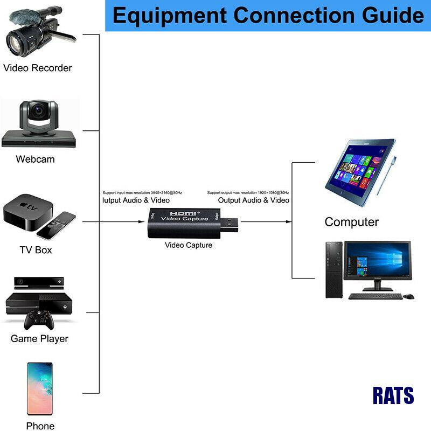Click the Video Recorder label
pos(37,68)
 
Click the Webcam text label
pos(35,159)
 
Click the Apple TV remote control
pos(56,226)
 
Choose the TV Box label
pos(36,250)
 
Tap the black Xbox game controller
pos(38,320)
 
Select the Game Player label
pos(39,339)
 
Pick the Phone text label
pos(40,426)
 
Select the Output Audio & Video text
pos(253,200)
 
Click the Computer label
pos(351,222)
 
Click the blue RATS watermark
pos(393,396)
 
